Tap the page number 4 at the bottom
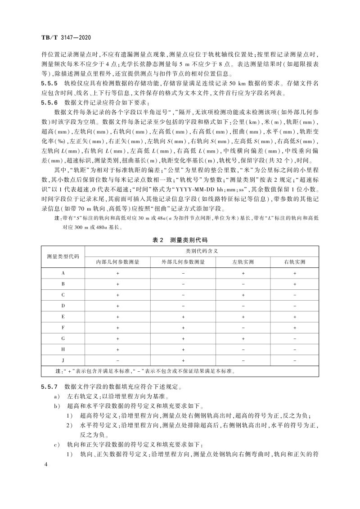click(43, 464)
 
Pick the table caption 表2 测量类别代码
click(180, 240)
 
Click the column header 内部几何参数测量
click(117, 261)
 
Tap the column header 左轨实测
click(243, 261)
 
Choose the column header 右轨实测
click(295, 261)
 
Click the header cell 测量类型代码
click(63, 256)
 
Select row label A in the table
click(63, 273)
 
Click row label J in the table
click(63, 360)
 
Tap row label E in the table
click(63, 317)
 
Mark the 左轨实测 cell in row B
click(243, 284)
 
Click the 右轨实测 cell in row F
click(295, 328)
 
